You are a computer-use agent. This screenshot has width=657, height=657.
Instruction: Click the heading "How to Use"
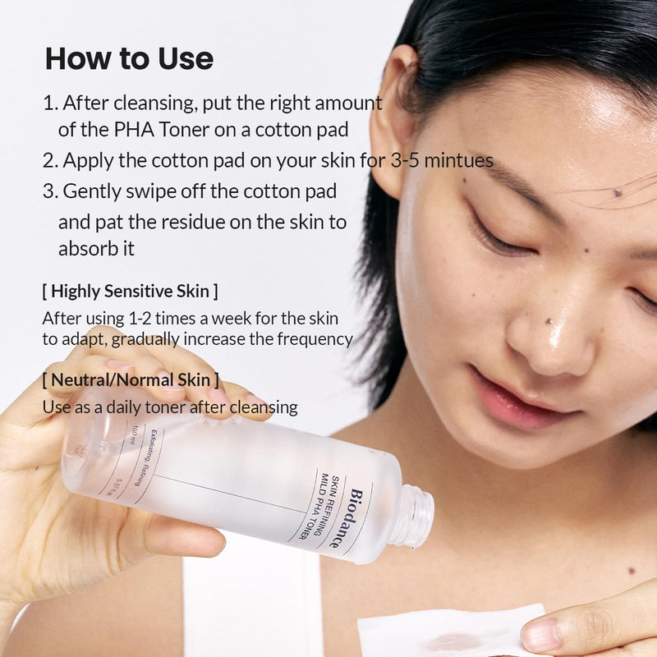129,59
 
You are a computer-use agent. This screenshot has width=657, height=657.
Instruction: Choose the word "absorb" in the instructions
85,249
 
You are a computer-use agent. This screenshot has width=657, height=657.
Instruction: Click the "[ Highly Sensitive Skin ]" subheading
130,291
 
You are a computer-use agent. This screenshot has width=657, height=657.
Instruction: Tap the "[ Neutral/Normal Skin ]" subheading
131,379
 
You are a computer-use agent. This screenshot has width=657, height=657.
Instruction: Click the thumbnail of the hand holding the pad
538,635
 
